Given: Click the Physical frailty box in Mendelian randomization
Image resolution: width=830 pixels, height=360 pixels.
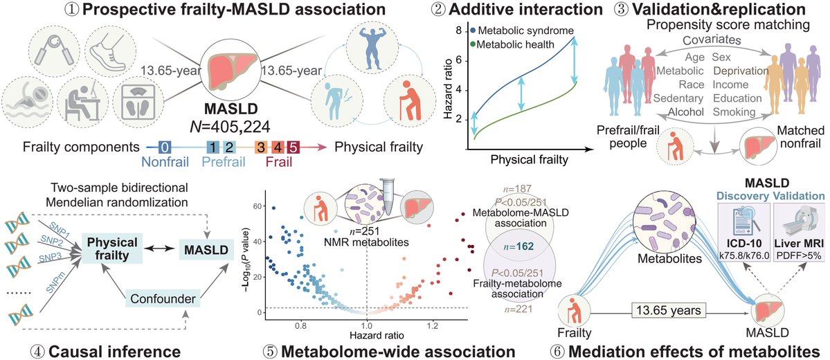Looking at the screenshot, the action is [111, 249].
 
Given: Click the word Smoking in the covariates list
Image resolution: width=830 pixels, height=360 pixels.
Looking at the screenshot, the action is [733, 111].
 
